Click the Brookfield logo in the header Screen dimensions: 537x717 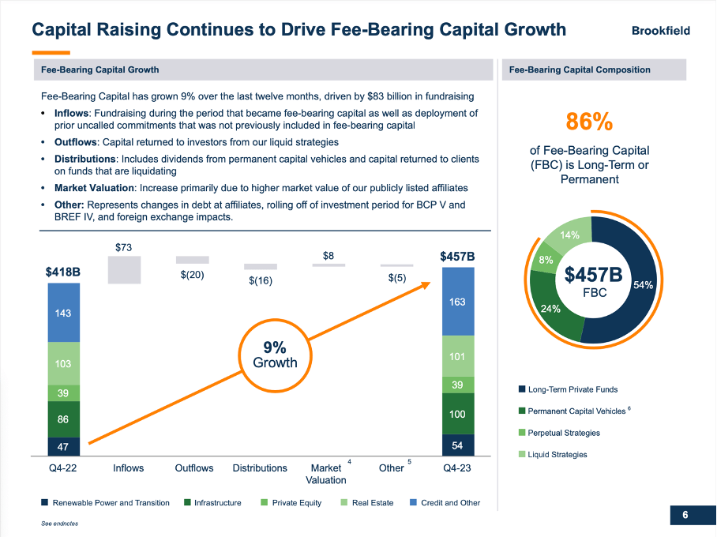tap(660, 31)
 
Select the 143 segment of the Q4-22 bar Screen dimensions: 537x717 tap(63, 313)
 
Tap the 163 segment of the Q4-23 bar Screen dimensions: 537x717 tap(458, 301)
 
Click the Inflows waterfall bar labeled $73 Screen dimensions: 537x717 tap(124, 269)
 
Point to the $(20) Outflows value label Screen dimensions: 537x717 tap(192, 276)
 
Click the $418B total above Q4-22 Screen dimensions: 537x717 tap(63, 272)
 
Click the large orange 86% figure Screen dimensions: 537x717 tap(589, 122)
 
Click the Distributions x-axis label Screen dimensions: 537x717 tap(260, 468)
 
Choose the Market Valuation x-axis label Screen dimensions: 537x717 tap(325, 474)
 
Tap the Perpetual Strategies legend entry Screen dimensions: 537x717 tap(563, 433)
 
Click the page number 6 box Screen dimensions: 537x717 tap(685, 516)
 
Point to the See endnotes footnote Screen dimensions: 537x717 tap(60, 524)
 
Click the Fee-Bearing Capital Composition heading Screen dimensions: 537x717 tap(580, 69)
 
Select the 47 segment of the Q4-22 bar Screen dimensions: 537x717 tap(63, 446)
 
